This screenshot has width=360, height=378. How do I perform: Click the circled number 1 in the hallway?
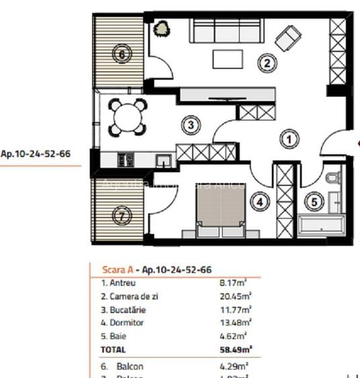click(x=288, y=139)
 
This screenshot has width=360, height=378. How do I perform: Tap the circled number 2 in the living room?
click(x=267, y=64)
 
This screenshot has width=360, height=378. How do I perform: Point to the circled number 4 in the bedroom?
click(x=261, y=200)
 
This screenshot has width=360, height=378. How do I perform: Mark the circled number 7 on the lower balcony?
click(x=120, y=216)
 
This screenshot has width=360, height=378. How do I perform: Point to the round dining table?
click(x=128, y=118)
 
